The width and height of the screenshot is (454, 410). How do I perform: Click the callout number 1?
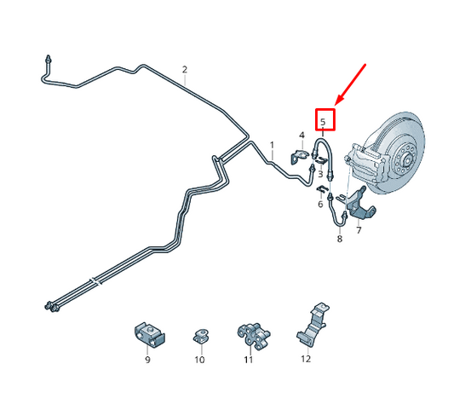[273, 145]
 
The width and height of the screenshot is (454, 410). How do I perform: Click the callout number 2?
[184, 69]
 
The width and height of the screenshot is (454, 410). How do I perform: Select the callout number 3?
[319, 174]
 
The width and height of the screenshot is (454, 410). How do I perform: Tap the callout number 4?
[301, 136]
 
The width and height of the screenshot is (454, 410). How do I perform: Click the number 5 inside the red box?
[324, 122]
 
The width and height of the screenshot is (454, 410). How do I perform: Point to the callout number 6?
[320, 205]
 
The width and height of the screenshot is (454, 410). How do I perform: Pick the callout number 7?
[359, 230]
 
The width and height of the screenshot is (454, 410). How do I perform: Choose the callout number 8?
[339, 240]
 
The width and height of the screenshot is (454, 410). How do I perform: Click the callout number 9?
[147, 360]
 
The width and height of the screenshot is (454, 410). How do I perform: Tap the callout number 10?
[199, 360]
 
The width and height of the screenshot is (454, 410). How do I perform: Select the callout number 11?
[248, 360]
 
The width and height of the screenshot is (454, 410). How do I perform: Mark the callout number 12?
[306, 360]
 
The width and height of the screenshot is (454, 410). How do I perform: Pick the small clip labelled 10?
[201, 333]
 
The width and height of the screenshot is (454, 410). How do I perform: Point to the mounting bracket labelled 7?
[361, 205]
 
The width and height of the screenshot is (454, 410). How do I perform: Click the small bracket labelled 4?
[302, 154]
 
